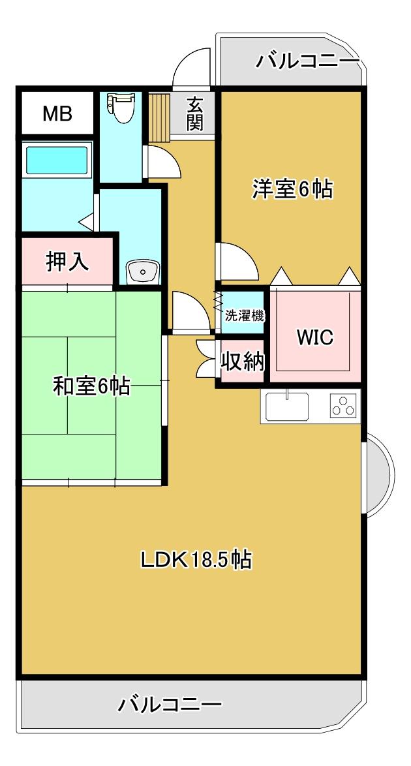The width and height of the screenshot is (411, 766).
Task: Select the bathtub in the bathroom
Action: click(56, 159)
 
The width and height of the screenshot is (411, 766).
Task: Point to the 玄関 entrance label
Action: click(194, 114)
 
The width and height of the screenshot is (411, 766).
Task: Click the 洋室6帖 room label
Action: click(293, 189)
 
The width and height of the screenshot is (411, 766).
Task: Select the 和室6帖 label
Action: click(91, 386)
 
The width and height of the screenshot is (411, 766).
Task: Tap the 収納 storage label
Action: click(243, 361)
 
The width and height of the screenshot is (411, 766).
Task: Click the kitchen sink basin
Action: click(288, 407)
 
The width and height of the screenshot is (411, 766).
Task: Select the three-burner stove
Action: click(342, 406)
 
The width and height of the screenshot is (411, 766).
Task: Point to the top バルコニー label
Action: click(308, 62)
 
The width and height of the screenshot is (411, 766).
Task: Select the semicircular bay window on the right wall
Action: click(378, 472)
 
